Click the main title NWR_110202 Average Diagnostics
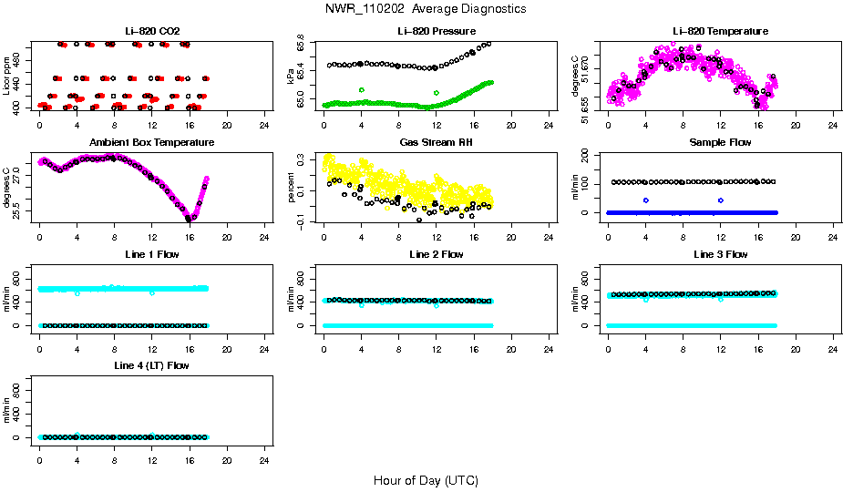[426, 9]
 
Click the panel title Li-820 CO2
[152, 32]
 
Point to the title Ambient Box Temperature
[152, 143]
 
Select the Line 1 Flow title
[152, 254]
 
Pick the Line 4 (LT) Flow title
[152, 365]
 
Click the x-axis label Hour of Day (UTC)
[426, 480]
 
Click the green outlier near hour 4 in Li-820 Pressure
[362, 90]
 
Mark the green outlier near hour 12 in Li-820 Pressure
[437, 93]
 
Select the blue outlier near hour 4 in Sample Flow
[646, 200]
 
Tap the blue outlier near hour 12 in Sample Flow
[721, 200]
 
